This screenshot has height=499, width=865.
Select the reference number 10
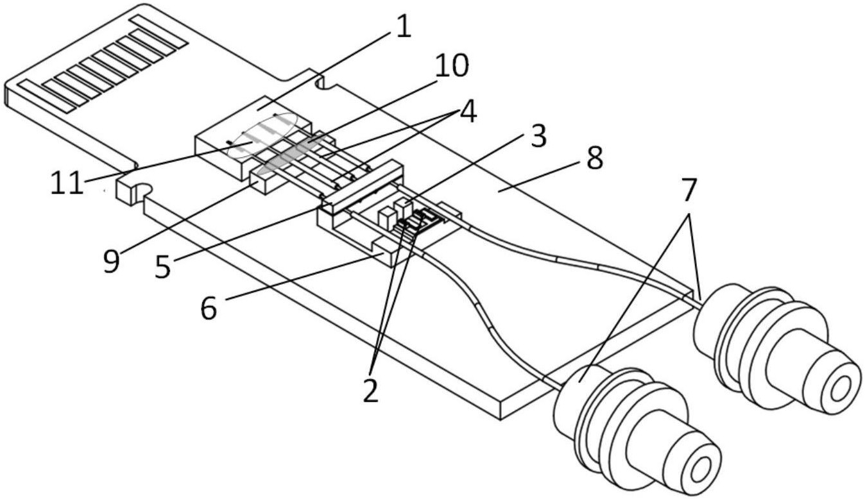[x=451, y=65]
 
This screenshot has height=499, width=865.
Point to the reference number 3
[x=538, y=136]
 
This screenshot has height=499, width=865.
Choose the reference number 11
[x=67, y=182]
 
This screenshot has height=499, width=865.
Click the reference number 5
[x=163, y=267]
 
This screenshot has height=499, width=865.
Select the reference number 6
[x=209, y=308]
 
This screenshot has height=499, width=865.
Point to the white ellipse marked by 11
[x=262, y=135]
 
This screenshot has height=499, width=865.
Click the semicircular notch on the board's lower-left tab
[x=142, y=189]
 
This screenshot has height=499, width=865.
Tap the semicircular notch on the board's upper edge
[x=325, y=83]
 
